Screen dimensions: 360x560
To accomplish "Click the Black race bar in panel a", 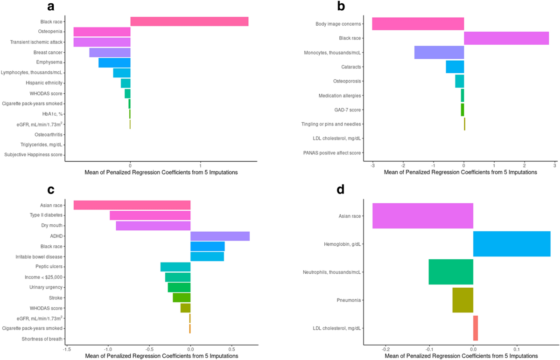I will point(189,21).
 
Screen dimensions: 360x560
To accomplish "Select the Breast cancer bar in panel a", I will point(110,52).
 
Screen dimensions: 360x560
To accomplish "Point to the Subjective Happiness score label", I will point(34,155).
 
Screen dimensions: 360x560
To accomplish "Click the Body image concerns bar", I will point(418,24).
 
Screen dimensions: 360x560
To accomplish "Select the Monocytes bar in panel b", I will point(439,53).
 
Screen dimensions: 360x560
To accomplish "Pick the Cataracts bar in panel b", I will point(455,67).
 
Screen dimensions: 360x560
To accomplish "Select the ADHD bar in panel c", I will point(220,236).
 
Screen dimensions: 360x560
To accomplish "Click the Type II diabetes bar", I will point(150,215).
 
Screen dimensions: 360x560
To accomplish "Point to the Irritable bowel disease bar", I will point(207,256).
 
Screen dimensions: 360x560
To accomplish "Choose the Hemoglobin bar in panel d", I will point(511,243).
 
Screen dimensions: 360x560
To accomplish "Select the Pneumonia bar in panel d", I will point(462,300).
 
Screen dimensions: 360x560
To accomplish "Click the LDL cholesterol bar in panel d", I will point(476,328).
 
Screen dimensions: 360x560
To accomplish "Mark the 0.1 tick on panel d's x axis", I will point(517,348).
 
